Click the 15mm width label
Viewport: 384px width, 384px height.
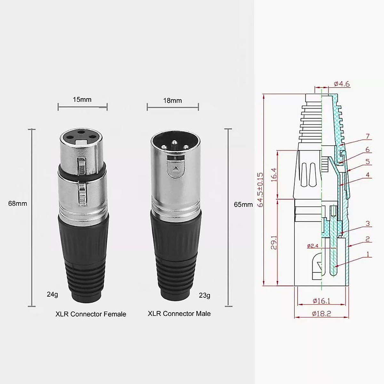pyautogui.click(x=82, y=100)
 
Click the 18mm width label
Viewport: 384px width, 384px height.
pyautogui.click(x=172, y=100)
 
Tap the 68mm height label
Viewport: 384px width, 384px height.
pyautogui.click(x=18, y=204)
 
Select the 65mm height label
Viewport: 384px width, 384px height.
pyautogui.click(x=243, y=204)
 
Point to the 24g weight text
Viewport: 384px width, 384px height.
pyautogui.click(x=52, y=294)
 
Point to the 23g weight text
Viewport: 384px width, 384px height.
pyautogui.click(x=204, y=295)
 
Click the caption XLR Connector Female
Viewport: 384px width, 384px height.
pyautogui.click(x=91, y=314)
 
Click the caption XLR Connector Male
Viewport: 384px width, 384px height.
pyautogui.click(x=179, y=314)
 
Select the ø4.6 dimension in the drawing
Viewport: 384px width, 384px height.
pyautogui.click(x=342, y=84)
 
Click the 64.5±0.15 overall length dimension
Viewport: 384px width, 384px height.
pyautogui.click(x=260, y=190)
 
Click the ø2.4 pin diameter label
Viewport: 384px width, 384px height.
pyautogui.click(x=313, y=246)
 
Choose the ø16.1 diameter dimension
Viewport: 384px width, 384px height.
pyautogui.click(x=321, y=301)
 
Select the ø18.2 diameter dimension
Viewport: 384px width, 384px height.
pyautogui.click(x=321, y=314)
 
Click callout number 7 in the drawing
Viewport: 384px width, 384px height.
pyautogui.click(x=367, y=137)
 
